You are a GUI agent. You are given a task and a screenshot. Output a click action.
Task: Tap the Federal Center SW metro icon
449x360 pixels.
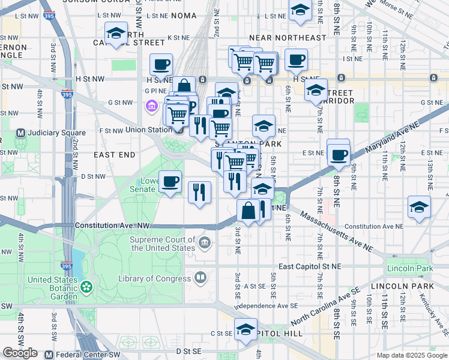tap(49, 355)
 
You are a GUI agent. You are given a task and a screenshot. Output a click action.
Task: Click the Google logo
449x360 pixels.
tap(20, 353)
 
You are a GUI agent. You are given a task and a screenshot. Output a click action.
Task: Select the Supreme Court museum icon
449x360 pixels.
tap(205, 243)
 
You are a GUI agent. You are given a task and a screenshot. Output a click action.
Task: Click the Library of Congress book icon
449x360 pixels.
tap(200, 278)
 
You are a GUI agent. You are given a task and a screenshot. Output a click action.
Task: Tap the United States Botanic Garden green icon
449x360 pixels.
tap(88, 287)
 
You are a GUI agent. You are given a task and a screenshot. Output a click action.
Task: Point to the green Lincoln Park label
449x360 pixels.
tap(410, 268)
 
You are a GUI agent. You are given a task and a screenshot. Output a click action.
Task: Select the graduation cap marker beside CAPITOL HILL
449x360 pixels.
tap(245, 329)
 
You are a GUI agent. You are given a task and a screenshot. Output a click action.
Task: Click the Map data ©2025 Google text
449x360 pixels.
tap(411, 355)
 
